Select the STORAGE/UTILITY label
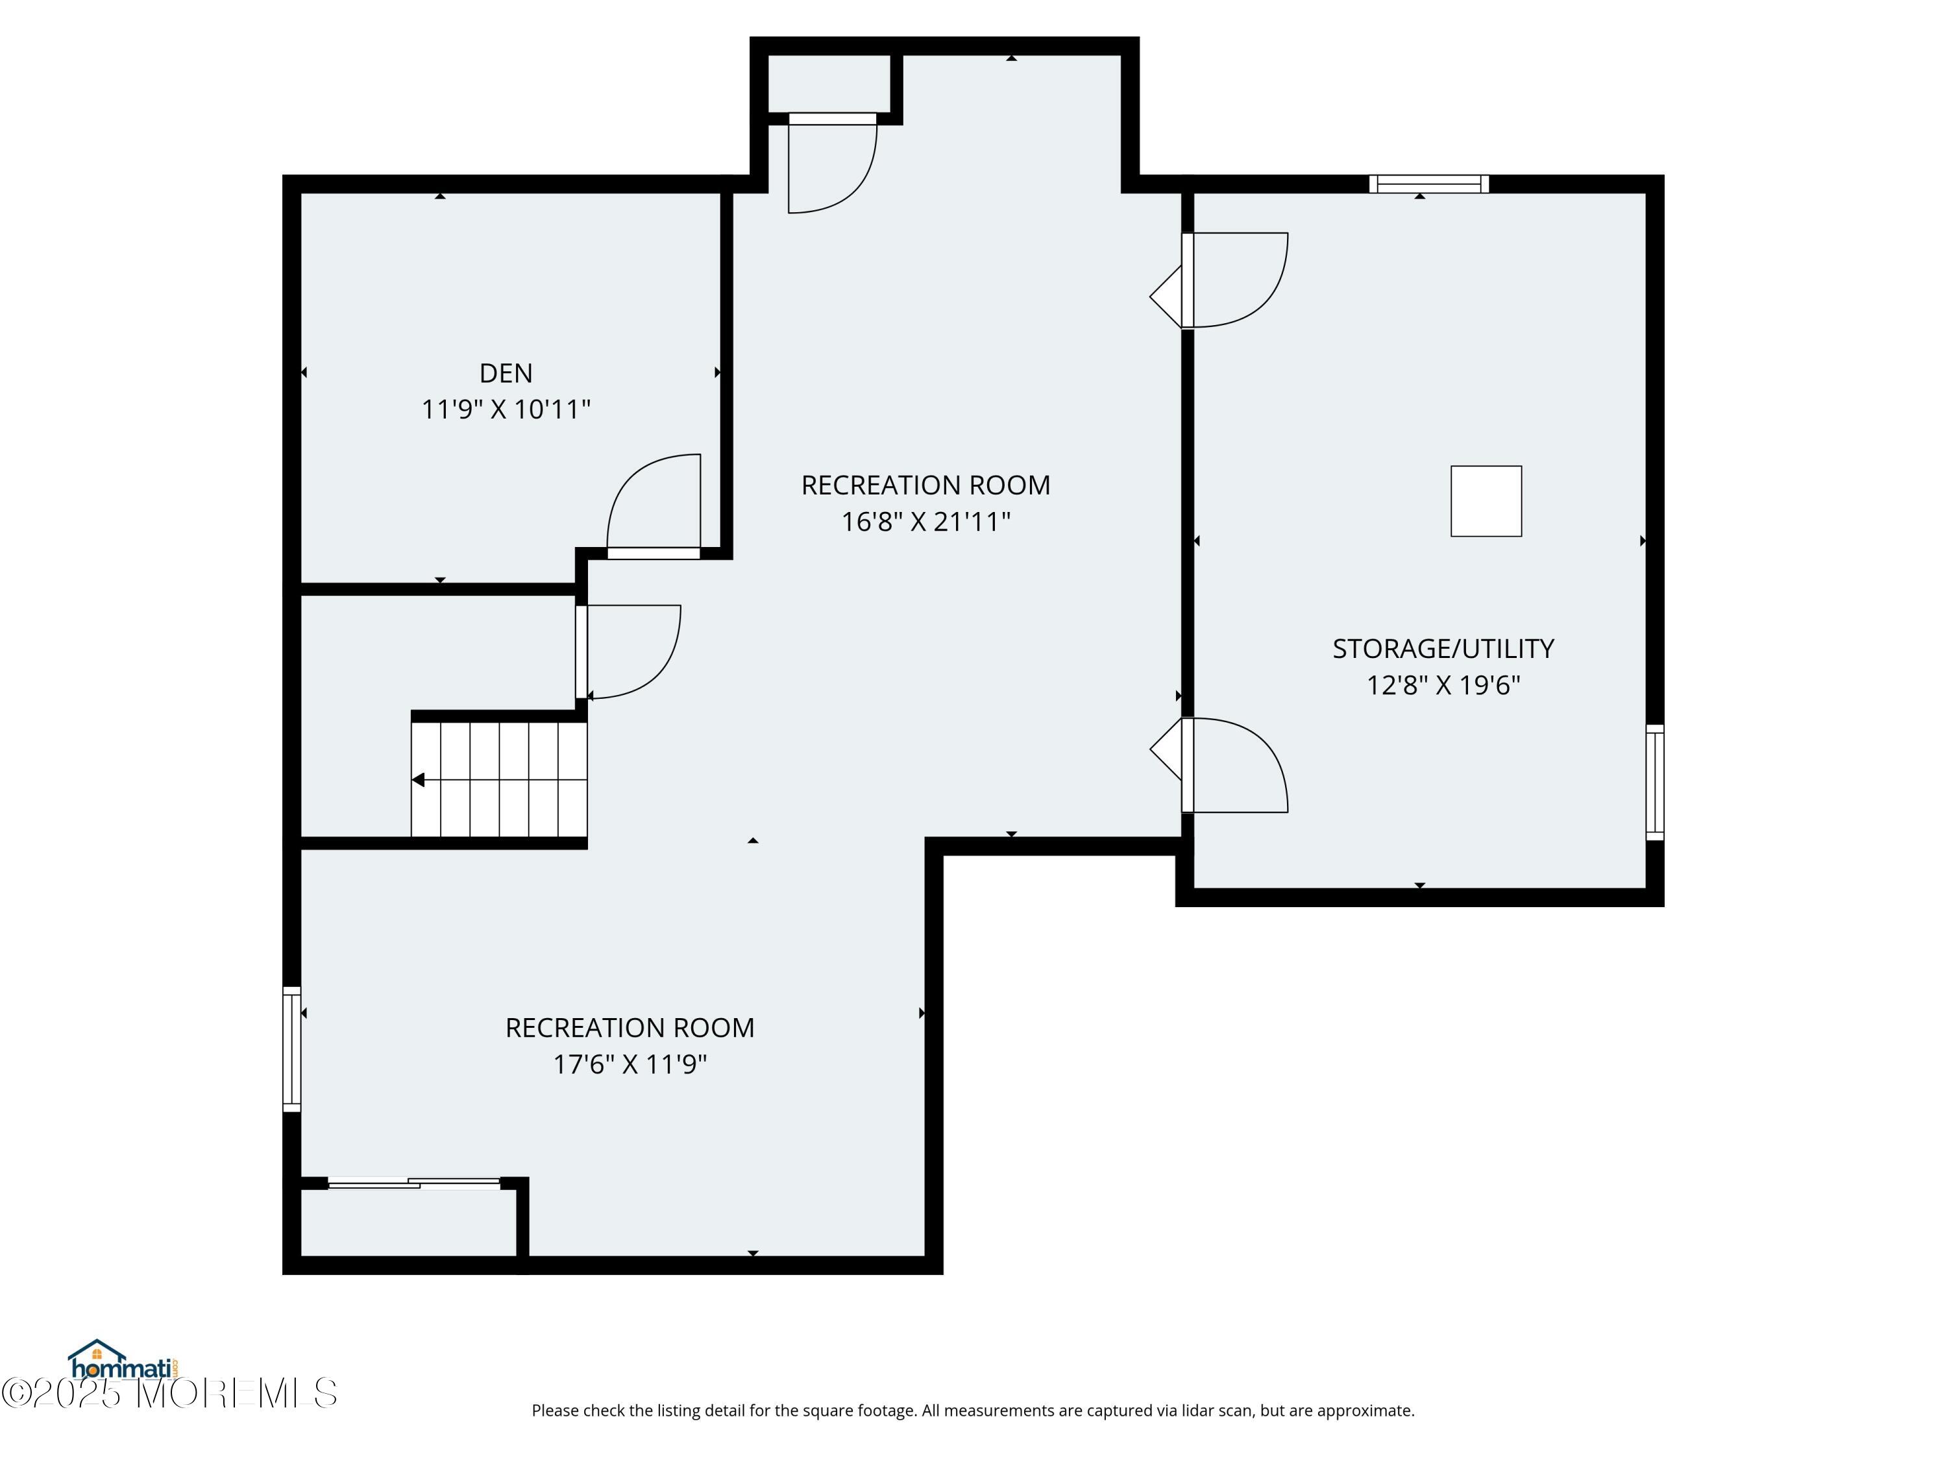1443,649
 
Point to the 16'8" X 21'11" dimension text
925,522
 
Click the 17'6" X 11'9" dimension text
630,1065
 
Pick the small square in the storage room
1486,501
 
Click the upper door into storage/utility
1235,280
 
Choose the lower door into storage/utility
1235,765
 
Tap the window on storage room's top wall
1428,184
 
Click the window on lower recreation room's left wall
291,1049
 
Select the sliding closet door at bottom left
413,1183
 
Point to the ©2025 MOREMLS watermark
169,1393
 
